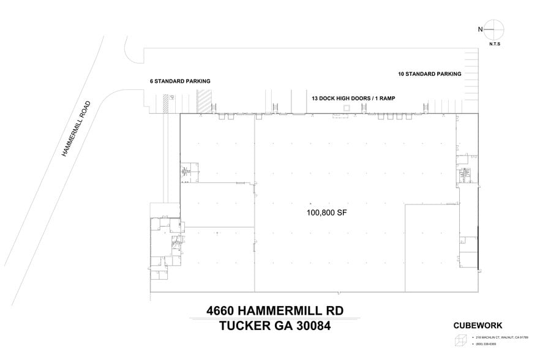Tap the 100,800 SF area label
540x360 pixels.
point(328,213)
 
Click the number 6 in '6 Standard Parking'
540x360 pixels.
point(152,81)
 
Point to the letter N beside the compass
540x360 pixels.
point(482,29)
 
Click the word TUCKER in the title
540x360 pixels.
point(241,326)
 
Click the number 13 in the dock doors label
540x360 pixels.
point(315,98)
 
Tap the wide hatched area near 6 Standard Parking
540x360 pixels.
point(203,101)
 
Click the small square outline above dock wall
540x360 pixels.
point(347,108)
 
